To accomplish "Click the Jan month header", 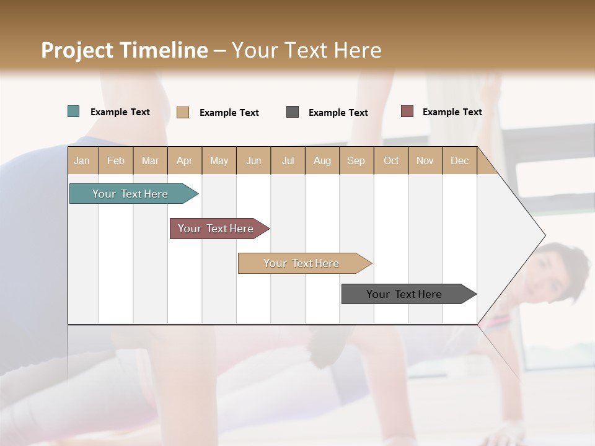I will click(82, 160).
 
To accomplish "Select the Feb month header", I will click(116, 160).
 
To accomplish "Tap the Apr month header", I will click(185, 160).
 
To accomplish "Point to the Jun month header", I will click(253, 160).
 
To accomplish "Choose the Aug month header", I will click(322, 160).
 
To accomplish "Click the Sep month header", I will click(356, 160).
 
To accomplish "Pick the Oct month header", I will click(391, 160).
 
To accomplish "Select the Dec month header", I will click(460, 160).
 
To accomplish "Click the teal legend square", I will click(74, 111).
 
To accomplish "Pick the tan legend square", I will click(183, 112).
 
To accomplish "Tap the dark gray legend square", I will click(293, 112).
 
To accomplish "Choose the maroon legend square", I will click(407, 111).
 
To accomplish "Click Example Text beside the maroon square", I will click(452, 112).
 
